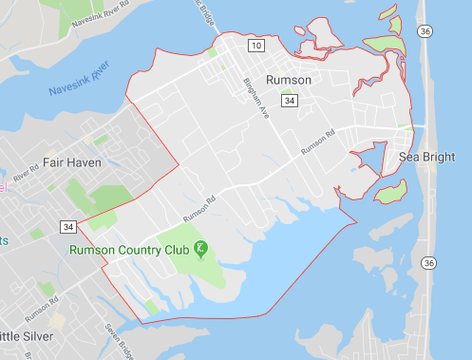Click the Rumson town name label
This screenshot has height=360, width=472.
click(290, 81)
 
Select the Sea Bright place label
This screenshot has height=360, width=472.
click(426, 157)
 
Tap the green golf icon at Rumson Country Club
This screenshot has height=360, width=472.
click(199, 250)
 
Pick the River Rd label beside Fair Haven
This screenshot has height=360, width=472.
click(22, 177)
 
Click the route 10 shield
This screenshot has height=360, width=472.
click(256, 45)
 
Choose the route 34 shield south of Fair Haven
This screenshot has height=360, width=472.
click(67, 227)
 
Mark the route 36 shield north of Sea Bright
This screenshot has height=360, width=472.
click(427, 31)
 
